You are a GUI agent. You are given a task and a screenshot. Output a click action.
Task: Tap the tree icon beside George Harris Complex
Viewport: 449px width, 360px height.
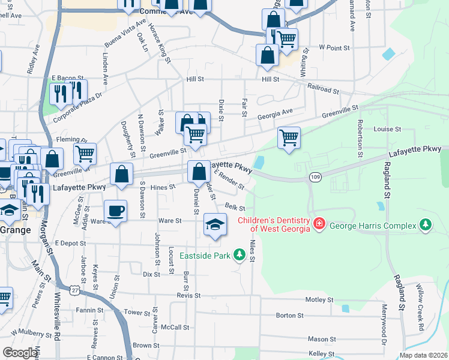(x=426, y=225)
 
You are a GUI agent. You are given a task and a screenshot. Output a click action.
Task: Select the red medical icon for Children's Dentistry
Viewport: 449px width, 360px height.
(x=319, y=224)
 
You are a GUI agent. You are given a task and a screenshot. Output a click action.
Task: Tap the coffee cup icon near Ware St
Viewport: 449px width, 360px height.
(x=115, y=211)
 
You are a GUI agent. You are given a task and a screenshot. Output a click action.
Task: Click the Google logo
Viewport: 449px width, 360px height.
(x=21, y=353)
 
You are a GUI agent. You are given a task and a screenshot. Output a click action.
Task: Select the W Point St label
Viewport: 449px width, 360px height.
(x=334, y=47)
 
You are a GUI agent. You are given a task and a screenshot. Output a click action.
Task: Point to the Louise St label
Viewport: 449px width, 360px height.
(x=387, y=129)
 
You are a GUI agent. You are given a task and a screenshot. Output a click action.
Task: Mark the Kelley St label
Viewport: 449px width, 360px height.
(x=321, y=355)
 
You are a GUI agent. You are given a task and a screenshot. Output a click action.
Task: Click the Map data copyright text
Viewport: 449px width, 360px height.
(x=424, y=355)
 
